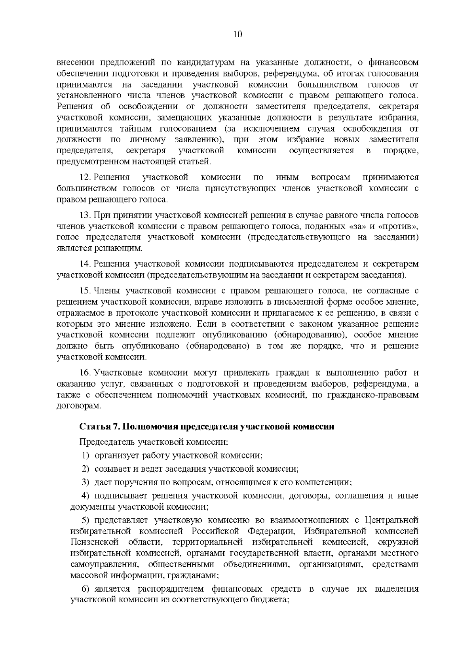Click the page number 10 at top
[x=237, y=34]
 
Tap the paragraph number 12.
[x=85, y=177]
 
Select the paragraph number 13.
[x=85, y=215]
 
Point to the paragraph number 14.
[x=85, y=264]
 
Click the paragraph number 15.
[x=85, y=291]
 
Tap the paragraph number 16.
[x=85, y=373]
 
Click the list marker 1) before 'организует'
[x=85, y=455]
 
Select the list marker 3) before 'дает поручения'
[x=85, y=482]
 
